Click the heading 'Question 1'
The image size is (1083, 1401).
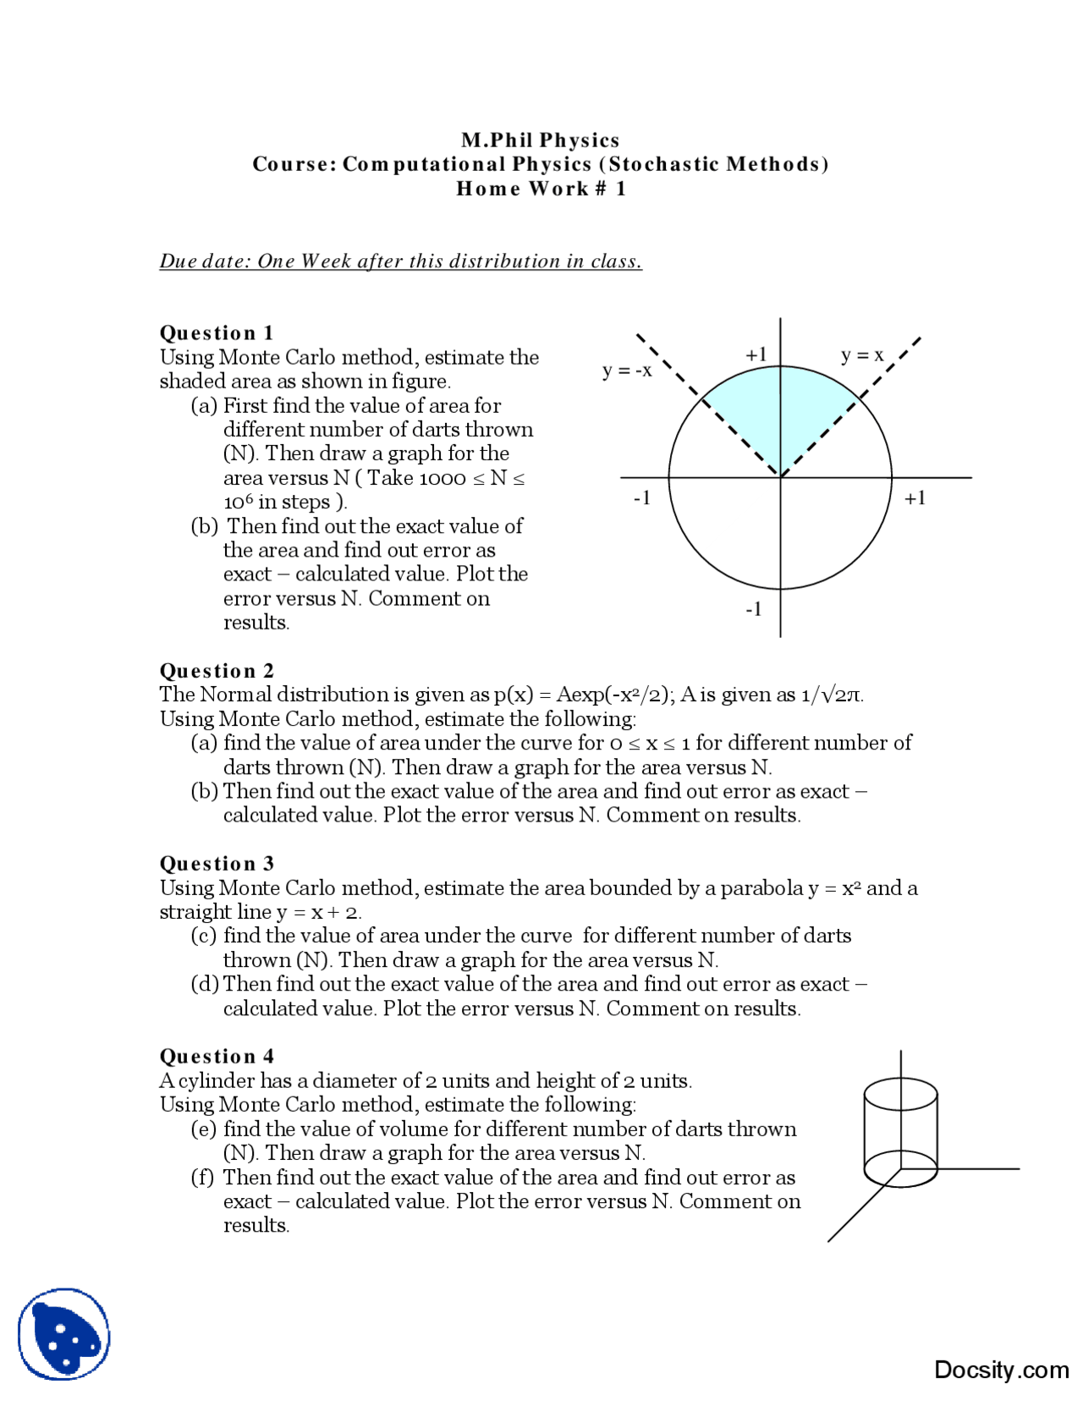pos(216,332)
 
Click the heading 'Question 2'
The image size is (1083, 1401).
pos(217,670)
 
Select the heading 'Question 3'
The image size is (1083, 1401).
pos(217,863)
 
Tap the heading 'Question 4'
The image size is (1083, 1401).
pos(217,1056)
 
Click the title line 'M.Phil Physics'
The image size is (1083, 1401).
pos(540,140)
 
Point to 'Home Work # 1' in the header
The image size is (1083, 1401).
pos(541,188)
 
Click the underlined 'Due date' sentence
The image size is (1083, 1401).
pos(400,261)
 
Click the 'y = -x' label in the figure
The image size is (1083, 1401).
pos(627,371)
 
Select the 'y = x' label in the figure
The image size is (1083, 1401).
pos(861,354)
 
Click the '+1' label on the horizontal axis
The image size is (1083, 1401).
pos(915,498)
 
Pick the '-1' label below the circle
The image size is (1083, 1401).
pos(753,609)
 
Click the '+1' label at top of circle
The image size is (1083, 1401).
pos(756,354)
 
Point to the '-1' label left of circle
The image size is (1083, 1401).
pos(642,498)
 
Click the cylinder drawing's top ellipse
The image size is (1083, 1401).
pos(900,1094)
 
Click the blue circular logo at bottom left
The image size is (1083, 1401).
pos(64,1334)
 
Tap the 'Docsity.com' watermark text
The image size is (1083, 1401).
pos(1001,1370)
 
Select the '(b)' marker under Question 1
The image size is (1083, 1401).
pos(204,526)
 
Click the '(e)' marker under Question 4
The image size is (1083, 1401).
pos(203,1129)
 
